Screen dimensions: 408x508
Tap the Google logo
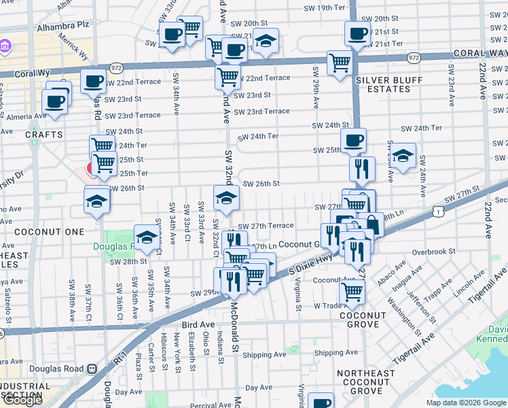[x=22, y=400]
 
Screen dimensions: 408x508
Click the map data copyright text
[x=465, y=403]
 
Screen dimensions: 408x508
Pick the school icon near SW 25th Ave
[x=403, y=156]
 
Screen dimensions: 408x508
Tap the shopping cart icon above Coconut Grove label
[x=352, y=292]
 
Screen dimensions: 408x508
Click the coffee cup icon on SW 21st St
[x=357, y=33]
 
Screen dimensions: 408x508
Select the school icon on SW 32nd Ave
[x=227, y=198]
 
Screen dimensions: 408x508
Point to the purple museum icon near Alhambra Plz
[x=5, y=46]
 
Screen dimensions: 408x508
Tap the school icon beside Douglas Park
[x=147, y=237]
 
